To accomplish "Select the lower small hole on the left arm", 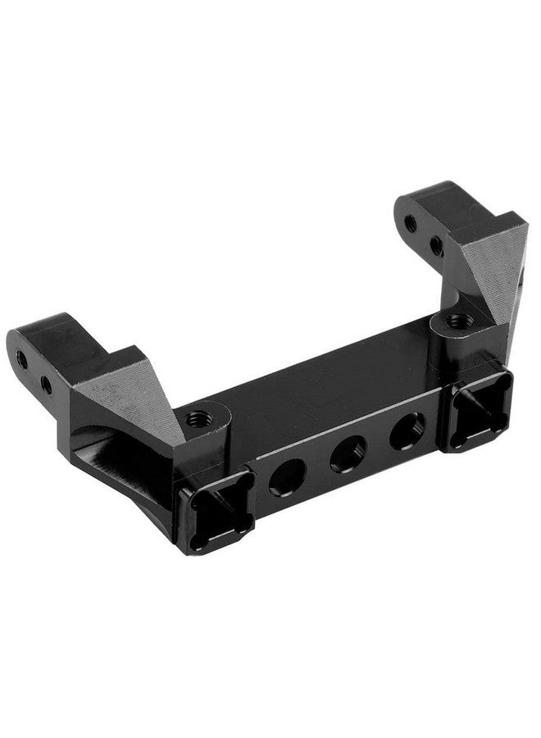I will [45, 383].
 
